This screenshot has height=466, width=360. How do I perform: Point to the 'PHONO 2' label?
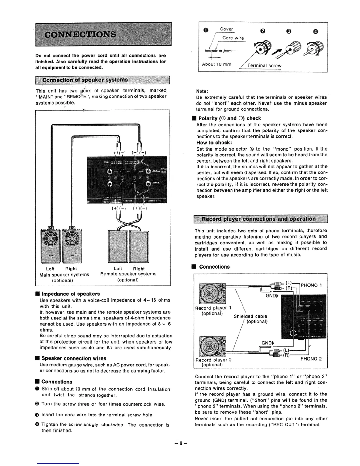click(311, 359)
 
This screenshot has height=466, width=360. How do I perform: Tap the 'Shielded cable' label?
click(250, 316)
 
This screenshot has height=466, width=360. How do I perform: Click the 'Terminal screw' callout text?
click(264, 66)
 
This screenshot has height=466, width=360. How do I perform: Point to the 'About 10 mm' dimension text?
click(216, 64)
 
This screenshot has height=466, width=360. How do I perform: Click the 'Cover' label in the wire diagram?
click(226, 29)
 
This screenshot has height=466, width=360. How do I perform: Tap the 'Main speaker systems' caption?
click(64, 274)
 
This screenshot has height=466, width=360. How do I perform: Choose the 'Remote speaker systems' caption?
click(128, 274)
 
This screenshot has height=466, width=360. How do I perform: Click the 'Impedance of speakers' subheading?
click(71, 294)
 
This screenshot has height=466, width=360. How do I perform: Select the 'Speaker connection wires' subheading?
click(74, 358)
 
